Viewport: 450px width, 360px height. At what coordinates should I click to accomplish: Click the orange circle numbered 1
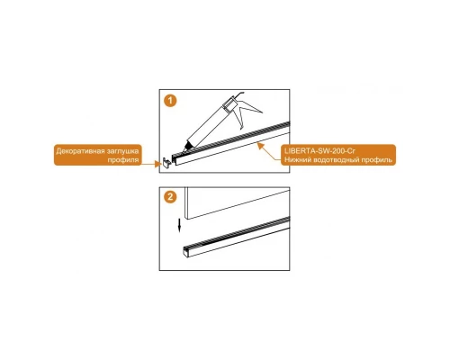170,100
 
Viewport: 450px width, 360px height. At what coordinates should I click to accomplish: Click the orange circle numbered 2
170,197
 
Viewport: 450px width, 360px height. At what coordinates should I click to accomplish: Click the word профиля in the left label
123,160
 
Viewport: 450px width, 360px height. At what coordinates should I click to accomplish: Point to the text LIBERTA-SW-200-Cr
319,150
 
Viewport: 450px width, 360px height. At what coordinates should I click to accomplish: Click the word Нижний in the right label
297,160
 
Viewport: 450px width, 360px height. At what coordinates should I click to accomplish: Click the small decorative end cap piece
166,162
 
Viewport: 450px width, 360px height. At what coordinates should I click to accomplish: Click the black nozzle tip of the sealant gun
187,146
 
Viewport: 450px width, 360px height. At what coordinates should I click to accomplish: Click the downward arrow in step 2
179,225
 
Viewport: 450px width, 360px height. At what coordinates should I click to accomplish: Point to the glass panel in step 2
237,202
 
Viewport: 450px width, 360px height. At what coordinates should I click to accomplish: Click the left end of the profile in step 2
186,251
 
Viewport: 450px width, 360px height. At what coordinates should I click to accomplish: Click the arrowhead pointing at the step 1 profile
260,146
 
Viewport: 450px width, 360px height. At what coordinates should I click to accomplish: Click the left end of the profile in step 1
175,159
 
